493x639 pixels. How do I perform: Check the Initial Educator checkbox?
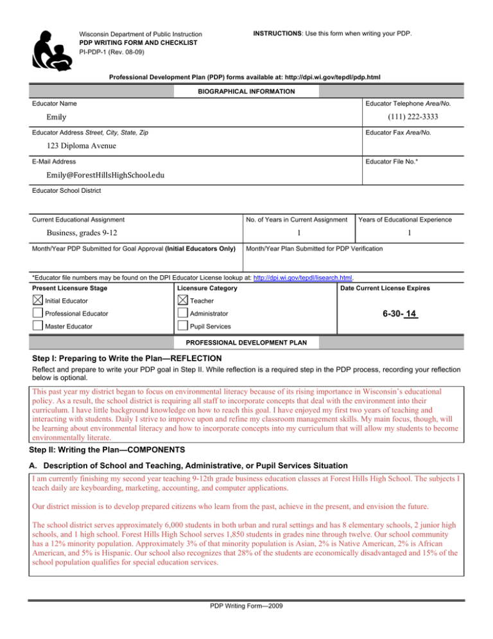point(39,301)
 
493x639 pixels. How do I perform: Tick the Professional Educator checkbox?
point(39,314)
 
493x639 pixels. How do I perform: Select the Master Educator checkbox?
point(39,327)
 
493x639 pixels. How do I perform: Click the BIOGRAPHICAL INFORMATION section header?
point(246,92)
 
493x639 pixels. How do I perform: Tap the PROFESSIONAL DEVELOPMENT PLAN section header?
point(246,341)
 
